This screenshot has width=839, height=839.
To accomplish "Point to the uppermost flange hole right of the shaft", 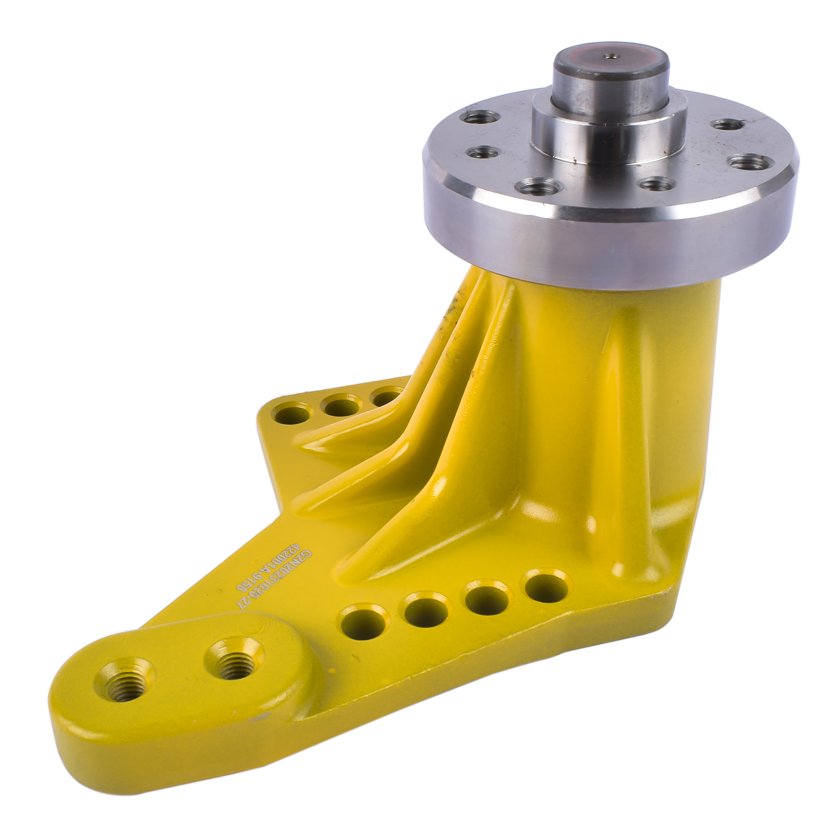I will click(727, 125).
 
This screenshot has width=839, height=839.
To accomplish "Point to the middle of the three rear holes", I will click(340, 404).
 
